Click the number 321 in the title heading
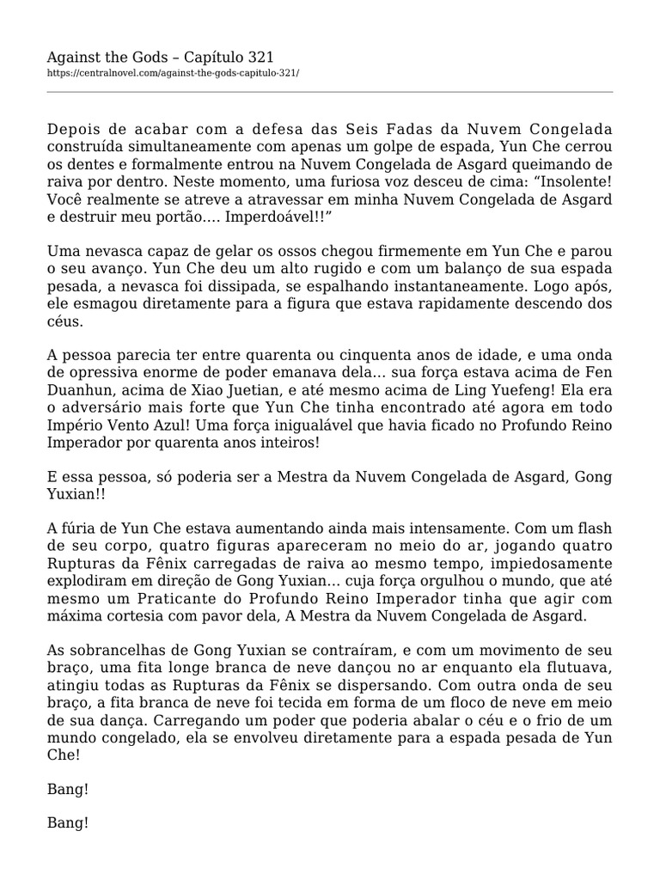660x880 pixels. click(255, 57)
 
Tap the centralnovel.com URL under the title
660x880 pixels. click(173, 73)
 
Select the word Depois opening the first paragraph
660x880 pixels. click(75, 129)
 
